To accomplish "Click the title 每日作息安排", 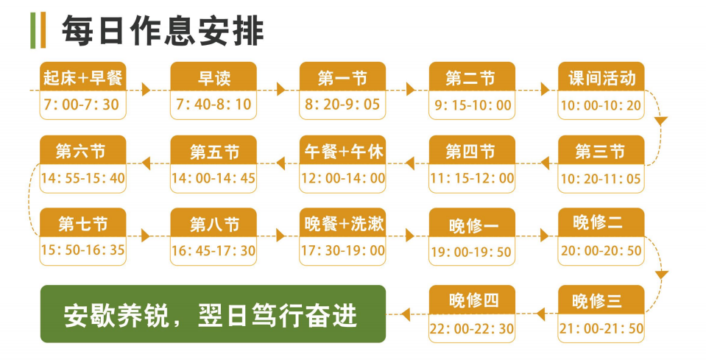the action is point(163,31).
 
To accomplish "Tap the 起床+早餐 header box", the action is point(83,77).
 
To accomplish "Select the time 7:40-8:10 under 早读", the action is point(213,105).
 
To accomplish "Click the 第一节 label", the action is point(342,78).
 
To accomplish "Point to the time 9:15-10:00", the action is point(473,105).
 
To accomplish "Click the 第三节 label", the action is point(600,151).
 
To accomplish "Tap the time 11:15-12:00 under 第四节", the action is point(472,178).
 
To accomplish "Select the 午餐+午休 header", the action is point(342,150).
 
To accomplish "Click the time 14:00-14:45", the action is point(213,178).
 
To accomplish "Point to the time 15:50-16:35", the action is point(83,250).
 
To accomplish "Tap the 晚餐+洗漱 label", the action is point(344,224).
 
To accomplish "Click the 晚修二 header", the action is point(601,222).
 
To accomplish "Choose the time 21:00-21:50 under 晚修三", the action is point(601,328).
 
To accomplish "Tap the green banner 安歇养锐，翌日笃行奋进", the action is point(213,314).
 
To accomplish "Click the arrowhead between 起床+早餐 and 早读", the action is point(146,90).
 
